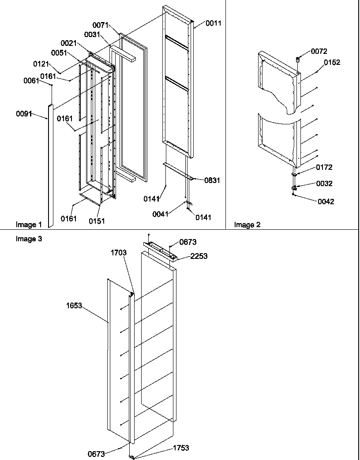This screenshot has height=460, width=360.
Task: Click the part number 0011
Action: click(x=213, y=23)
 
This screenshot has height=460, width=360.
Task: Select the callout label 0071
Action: click(x=101, y=25)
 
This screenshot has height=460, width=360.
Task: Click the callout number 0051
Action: click(x=59, y=53)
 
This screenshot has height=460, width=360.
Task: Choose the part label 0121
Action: click(x=41, y=64)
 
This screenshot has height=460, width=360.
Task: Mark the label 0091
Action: click(x=24, y=114)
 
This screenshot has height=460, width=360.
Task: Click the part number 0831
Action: click(x=212, y=180)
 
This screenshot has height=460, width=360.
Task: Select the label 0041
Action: click(x=161, y=214)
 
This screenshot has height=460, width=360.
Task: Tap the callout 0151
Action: click(x=97, y=221)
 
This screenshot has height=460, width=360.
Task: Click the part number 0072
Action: click(x=319, y=52)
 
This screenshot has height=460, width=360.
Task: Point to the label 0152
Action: click(x=332, y=63)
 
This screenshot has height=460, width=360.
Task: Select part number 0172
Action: click(x=324, y=167)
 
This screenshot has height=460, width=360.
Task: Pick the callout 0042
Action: click(x=326, y=202)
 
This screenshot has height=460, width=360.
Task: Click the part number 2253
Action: click(x=199, y=256)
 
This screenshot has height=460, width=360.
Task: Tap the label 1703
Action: click(x=119, y=253)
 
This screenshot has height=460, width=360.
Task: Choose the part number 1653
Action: click(x=74, y=306)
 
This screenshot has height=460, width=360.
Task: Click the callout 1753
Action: click(x=180, y=448)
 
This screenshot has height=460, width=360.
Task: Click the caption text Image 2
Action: click(x=247, y=225)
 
